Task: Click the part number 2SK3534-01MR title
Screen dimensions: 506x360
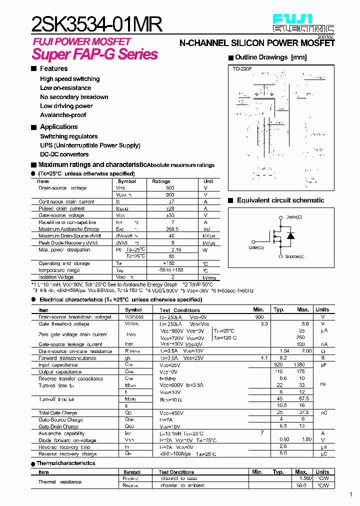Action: (97, 23)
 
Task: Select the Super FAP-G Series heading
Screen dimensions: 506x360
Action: (95, 54)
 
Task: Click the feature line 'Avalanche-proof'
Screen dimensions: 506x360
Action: (63, 115)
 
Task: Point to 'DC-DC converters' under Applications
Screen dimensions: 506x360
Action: (64, 154)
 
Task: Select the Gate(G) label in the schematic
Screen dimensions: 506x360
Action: (256, 247)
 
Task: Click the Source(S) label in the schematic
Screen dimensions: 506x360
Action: (294, 256)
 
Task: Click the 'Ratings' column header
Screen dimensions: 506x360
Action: (161, 181)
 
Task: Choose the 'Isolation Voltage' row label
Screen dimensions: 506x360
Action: (56, 276)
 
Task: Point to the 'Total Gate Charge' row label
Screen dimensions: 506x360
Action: (57, 413)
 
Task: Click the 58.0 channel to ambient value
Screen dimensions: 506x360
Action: (301, 485)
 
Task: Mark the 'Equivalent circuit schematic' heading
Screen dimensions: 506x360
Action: (280, 200)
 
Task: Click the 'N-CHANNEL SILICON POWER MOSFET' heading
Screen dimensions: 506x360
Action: (257, 43)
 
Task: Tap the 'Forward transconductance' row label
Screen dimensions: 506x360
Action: (67, 358)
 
